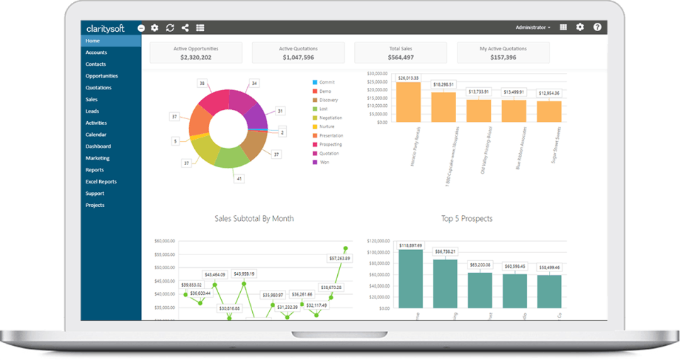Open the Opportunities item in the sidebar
click(x=101, y=76)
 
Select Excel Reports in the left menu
click(x=101, y=181)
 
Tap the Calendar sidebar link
click(x=96, y=135)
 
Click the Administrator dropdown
click(x=533, y=28)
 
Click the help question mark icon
click(x=597, y=28)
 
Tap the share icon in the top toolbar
click(x=185, y=28)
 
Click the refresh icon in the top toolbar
click(x=170, y=28)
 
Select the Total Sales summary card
click(x=402, y=52)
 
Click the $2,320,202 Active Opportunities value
click(x=195, y=57)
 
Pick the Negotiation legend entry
click(x=330, y=118)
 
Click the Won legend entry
click(x=324, y=162)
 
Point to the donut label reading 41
click(x=239, y=179)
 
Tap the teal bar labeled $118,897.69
click(x=410, y=278)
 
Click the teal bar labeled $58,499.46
click(x=549, y=291)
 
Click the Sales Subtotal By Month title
click(x=254, y=219)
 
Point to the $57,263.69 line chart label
click(x=339, y=259)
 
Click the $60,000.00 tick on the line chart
click(x=165, y=242)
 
